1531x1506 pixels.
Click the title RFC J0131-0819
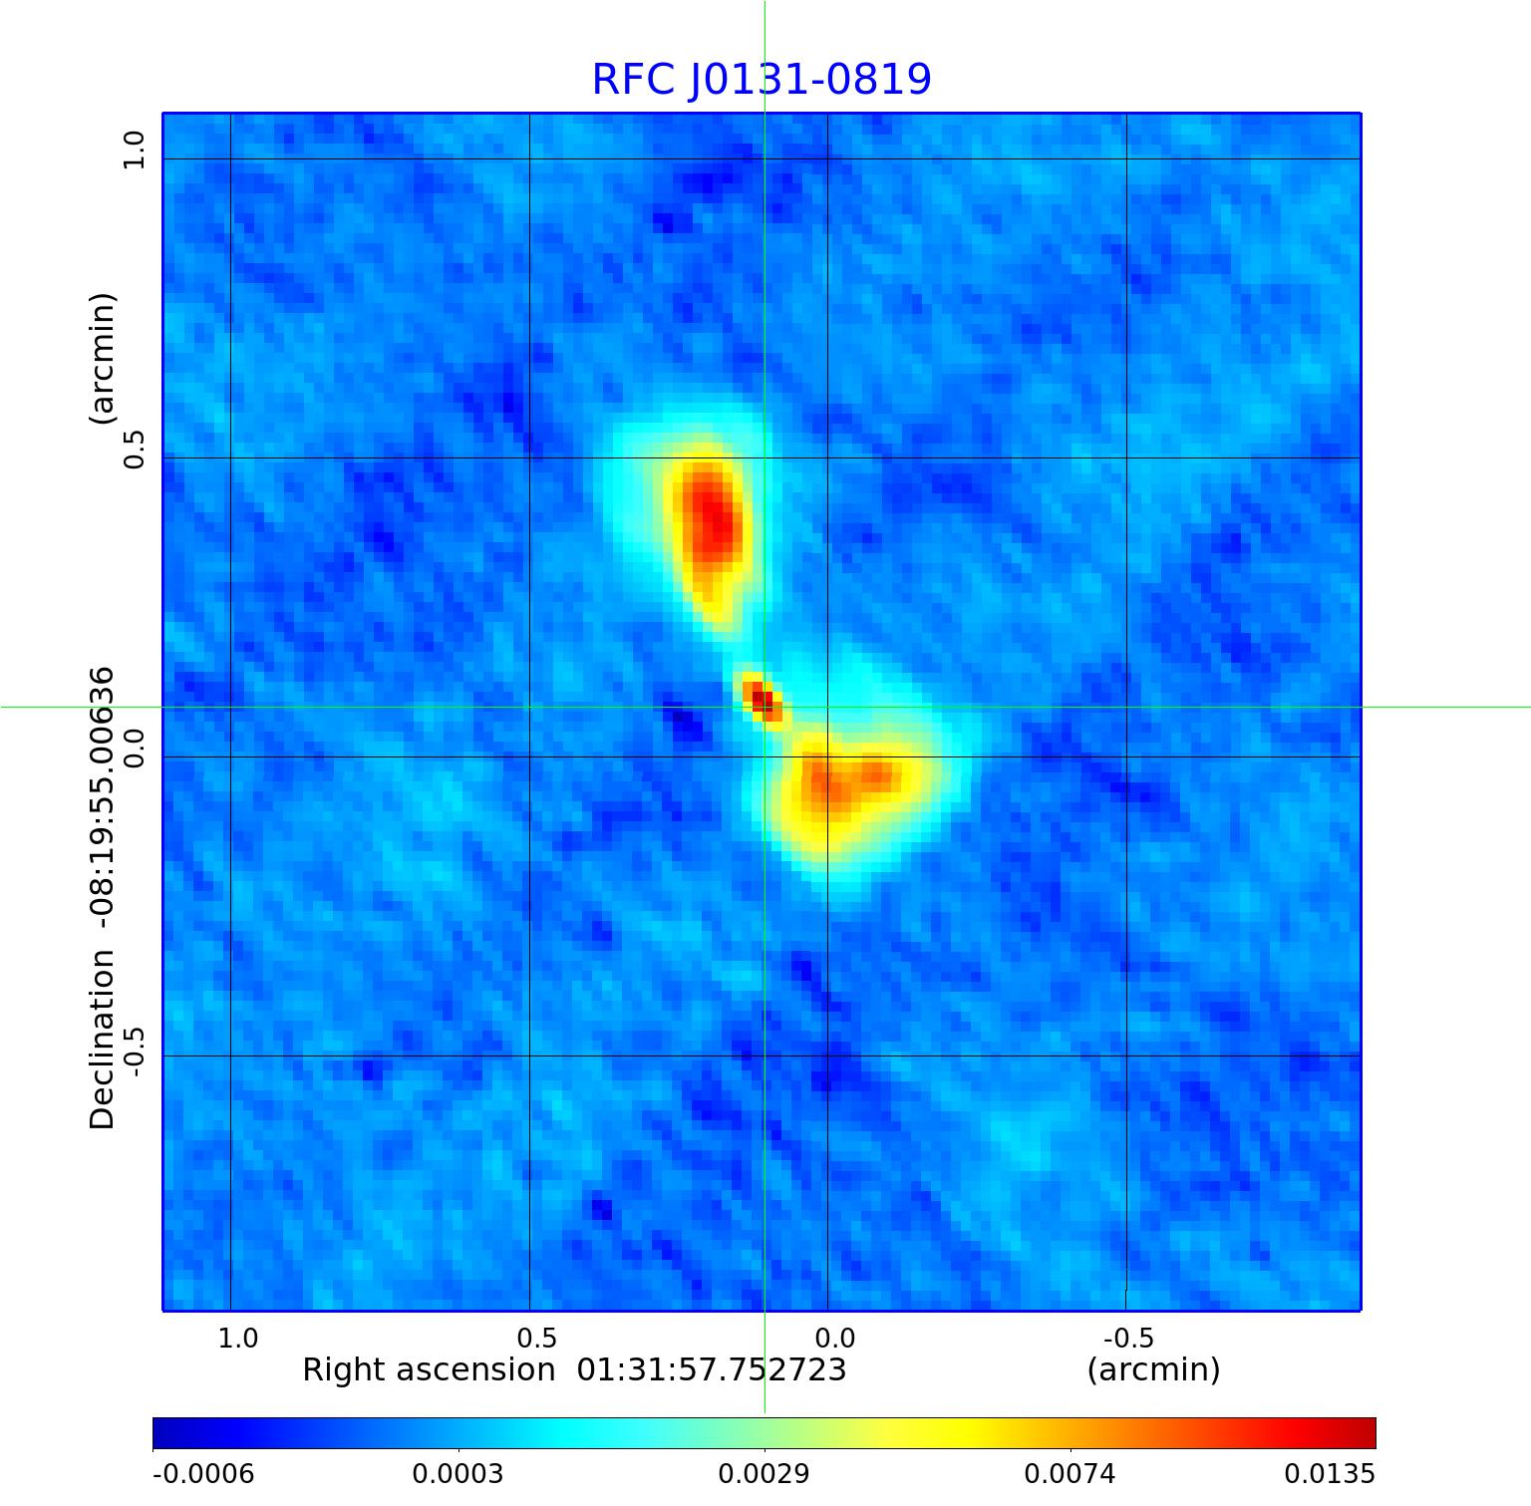tap(762, 80)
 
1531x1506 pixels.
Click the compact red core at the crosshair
tap(762, 699)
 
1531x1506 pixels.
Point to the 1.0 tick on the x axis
tap(237, 1338)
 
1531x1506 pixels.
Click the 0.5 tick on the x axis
tap(536, 1338)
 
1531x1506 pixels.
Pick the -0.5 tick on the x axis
tap(1128, 1338)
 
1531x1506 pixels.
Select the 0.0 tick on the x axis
tap(834, 1338)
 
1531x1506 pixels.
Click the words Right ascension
tap(429, 1370)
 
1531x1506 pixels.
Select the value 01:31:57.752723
tap(712, 1370)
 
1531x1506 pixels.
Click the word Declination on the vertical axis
tap(102, 1040)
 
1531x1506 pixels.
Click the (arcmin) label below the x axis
tap(1153, 1370)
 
